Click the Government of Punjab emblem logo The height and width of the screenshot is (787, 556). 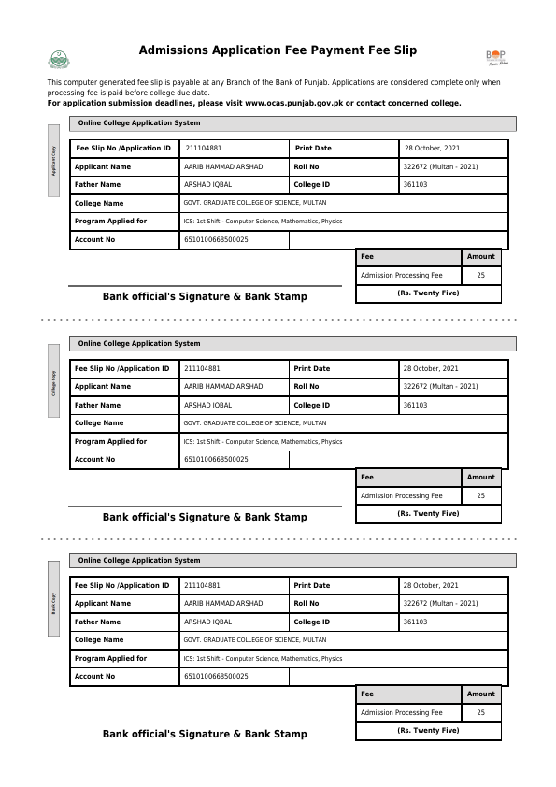(x=58, y=59)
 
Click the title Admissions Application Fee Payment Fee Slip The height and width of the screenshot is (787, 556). (x=278, y=50)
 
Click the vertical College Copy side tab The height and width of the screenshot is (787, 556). (x=53, y=380)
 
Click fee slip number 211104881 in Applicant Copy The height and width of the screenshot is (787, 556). (x=204, y=149)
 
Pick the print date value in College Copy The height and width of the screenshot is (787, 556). (x=431, y=368)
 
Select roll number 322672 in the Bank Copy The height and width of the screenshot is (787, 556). (x=440, y=604)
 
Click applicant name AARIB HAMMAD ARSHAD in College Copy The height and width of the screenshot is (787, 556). (x=223, y=386)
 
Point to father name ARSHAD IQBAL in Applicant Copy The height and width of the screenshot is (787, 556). (x=207, y=185)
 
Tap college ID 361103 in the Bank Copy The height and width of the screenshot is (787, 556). (x=415, y=622)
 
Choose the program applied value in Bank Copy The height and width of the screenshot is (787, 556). (x=263, y=658)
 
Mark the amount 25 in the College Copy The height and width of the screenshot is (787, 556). (x=480, y=496)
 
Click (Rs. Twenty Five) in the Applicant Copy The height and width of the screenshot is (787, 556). (x=428, y=293)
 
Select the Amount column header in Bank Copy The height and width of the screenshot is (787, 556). (x=480, y=694)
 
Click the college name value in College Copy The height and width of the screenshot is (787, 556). (x=255, y=422)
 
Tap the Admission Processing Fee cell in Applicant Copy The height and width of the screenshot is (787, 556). (x=402, y=276)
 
